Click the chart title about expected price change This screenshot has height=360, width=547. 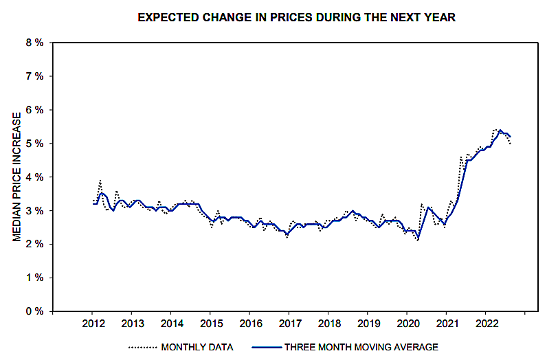click(296, 17)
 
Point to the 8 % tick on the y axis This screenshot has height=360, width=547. click(34, 43)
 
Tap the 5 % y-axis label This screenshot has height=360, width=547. click(34, 144)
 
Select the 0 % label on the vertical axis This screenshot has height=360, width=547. click(34, 312)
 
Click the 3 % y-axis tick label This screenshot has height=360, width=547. click(34, 211)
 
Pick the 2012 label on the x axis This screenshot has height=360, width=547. click(93, 324)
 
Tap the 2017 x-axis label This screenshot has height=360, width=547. click(290, 324)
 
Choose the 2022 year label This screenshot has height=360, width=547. click(487, 324)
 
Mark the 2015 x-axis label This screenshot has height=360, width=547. click(211, 324)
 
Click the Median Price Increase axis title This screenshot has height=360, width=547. click(17, 177)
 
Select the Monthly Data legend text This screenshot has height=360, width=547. click(197, 347)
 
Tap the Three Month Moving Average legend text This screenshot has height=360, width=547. click(362, 347)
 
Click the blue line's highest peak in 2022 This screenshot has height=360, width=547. click(500, 130)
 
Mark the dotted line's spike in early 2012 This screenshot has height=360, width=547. click(100, 181)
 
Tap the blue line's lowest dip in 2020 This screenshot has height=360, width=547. click(418, 240)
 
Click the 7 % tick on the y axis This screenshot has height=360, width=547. click(34, 76)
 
